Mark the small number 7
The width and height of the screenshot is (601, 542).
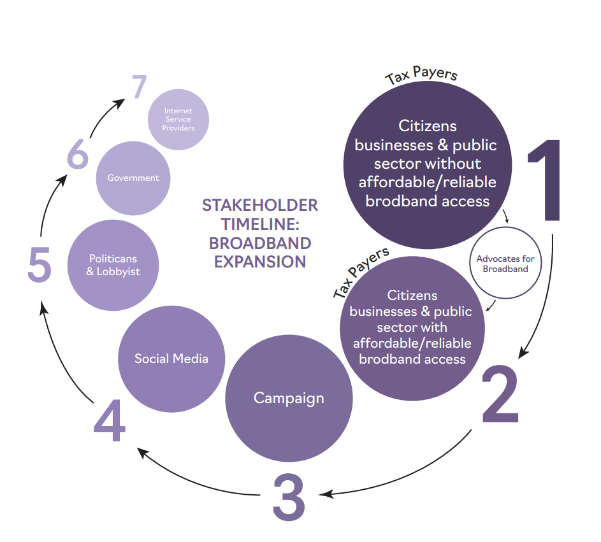point(140,88)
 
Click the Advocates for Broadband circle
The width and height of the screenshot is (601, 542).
point(505,264)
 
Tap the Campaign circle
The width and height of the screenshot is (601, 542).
point(289,398)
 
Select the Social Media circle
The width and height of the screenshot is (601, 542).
point(171,359)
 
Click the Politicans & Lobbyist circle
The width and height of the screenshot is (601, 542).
point(113,265)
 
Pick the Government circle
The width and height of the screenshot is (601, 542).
point(133,178)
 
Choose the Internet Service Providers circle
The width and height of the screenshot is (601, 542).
point(178,119)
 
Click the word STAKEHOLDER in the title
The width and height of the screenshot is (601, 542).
point(260,206)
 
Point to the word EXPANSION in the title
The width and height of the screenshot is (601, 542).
point(260,262)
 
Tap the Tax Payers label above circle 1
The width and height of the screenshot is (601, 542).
point(421,75)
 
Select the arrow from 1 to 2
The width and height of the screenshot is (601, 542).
point(545,299)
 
